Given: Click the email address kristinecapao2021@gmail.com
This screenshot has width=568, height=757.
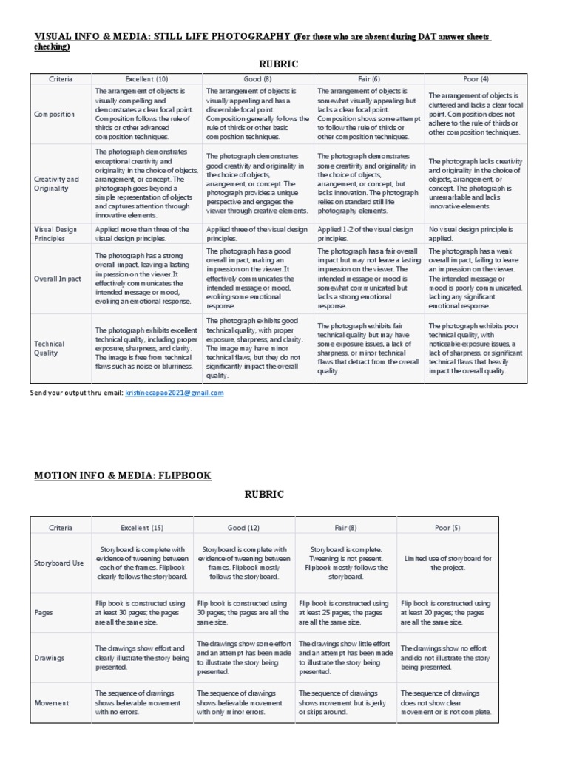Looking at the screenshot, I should tap(173, 393).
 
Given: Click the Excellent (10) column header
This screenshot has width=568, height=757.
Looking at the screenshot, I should tap(148, 78).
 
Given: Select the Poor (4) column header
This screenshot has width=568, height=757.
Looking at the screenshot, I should tap(476, 78).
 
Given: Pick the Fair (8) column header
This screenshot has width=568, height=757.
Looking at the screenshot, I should tap(345, 527).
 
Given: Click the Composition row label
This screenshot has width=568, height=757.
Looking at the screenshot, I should tap(55, 115).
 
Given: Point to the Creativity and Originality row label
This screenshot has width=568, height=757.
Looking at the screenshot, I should tap(57, 183).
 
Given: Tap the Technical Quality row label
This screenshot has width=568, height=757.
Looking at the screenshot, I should tap(50, 348).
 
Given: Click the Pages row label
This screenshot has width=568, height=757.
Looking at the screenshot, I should tap(45, 613).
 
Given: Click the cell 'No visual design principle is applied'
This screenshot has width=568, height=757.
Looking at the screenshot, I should tap(470, 234).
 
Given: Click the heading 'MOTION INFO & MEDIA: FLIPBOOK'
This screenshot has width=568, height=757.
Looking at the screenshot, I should tap(123, 475).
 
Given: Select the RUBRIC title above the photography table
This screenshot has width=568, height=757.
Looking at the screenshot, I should tap(278, 64).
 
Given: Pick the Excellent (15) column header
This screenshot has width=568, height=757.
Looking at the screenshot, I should tap(142, 527).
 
